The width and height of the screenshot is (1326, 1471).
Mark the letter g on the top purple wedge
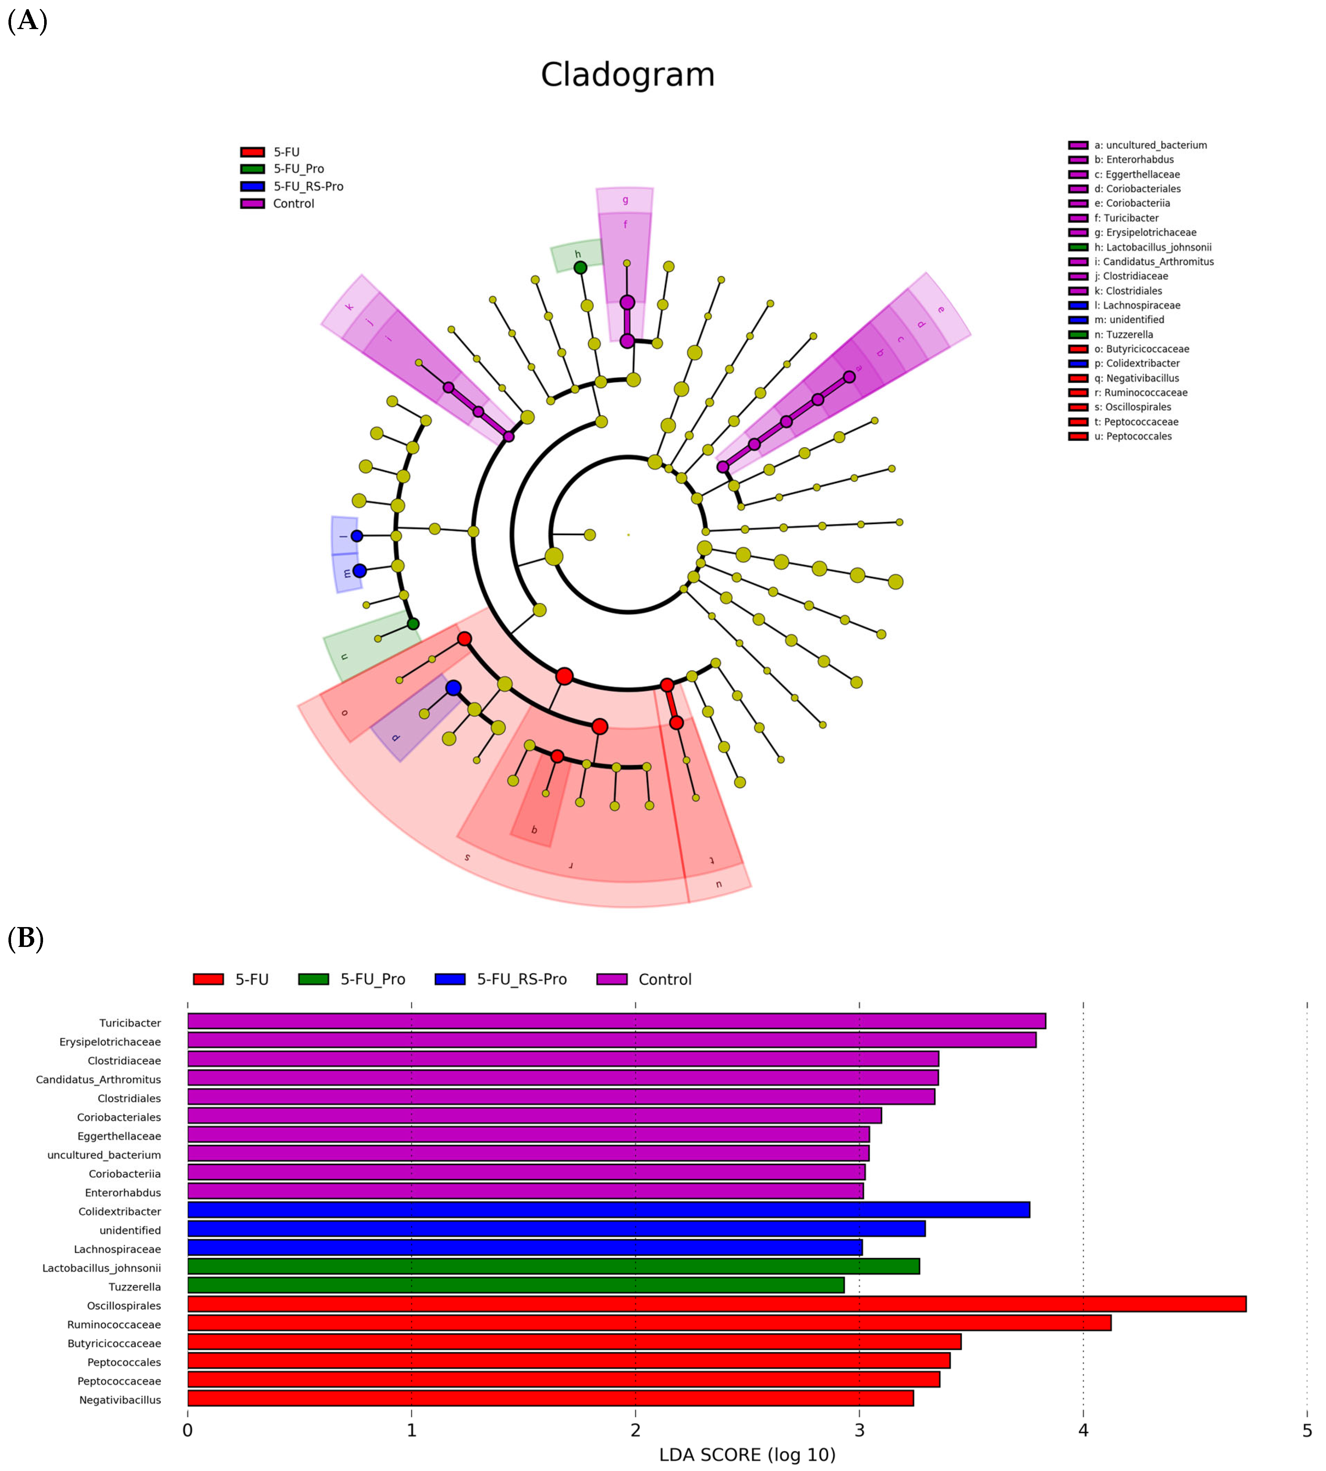click(x=625, y=199)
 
